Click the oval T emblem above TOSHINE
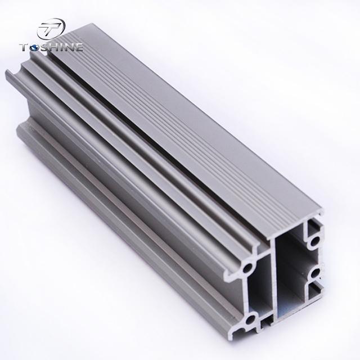coord(52,29)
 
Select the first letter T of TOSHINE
coord(25,47)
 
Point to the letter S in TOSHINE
coord(44,47)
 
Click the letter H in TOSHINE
coord(53,47)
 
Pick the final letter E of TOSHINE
coord(78,47)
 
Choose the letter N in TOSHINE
coord(67,47)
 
